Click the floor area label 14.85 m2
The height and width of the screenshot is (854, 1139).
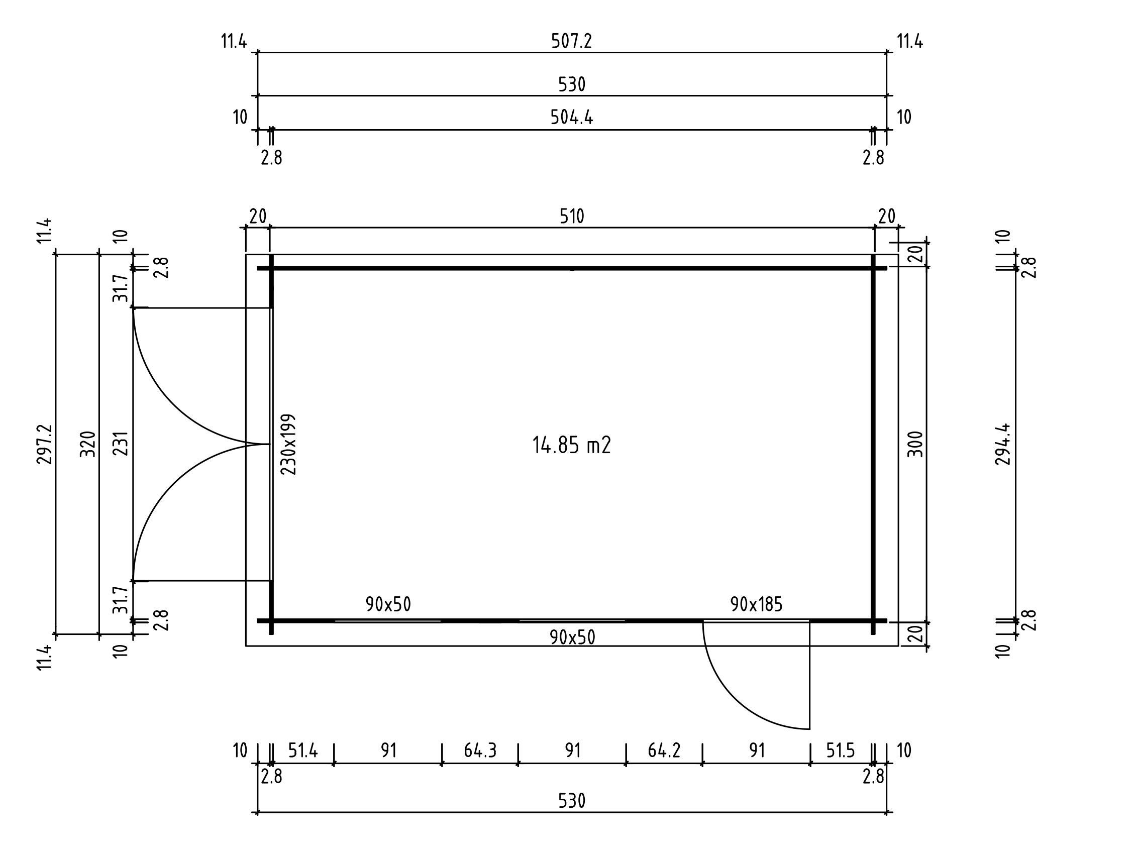571,445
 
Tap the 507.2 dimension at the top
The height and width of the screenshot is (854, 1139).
572,41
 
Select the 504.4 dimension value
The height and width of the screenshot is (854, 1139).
572,118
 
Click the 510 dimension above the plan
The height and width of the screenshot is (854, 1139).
572,217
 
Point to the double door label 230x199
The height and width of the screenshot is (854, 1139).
288,444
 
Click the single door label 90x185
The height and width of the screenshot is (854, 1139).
756,604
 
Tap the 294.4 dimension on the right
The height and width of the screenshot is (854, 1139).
1002,444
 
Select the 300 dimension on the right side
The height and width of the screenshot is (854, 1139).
915,444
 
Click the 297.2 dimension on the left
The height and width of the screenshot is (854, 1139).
44,444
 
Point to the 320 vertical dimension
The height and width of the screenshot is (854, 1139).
88,444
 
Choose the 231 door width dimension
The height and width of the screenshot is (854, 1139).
120,444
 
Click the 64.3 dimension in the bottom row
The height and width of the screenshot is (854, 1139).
480,751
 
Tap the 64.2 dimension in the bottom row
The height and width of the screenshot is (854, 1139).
664,751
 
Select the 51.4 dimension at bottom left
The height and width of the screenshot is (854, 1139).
303,751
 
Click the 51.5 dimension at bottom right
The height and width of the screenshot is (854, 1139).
841,751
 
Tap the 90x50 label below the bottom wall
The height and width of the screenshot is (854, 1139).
572,638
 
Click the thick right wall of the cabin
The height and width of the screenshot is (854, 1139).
873,444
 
